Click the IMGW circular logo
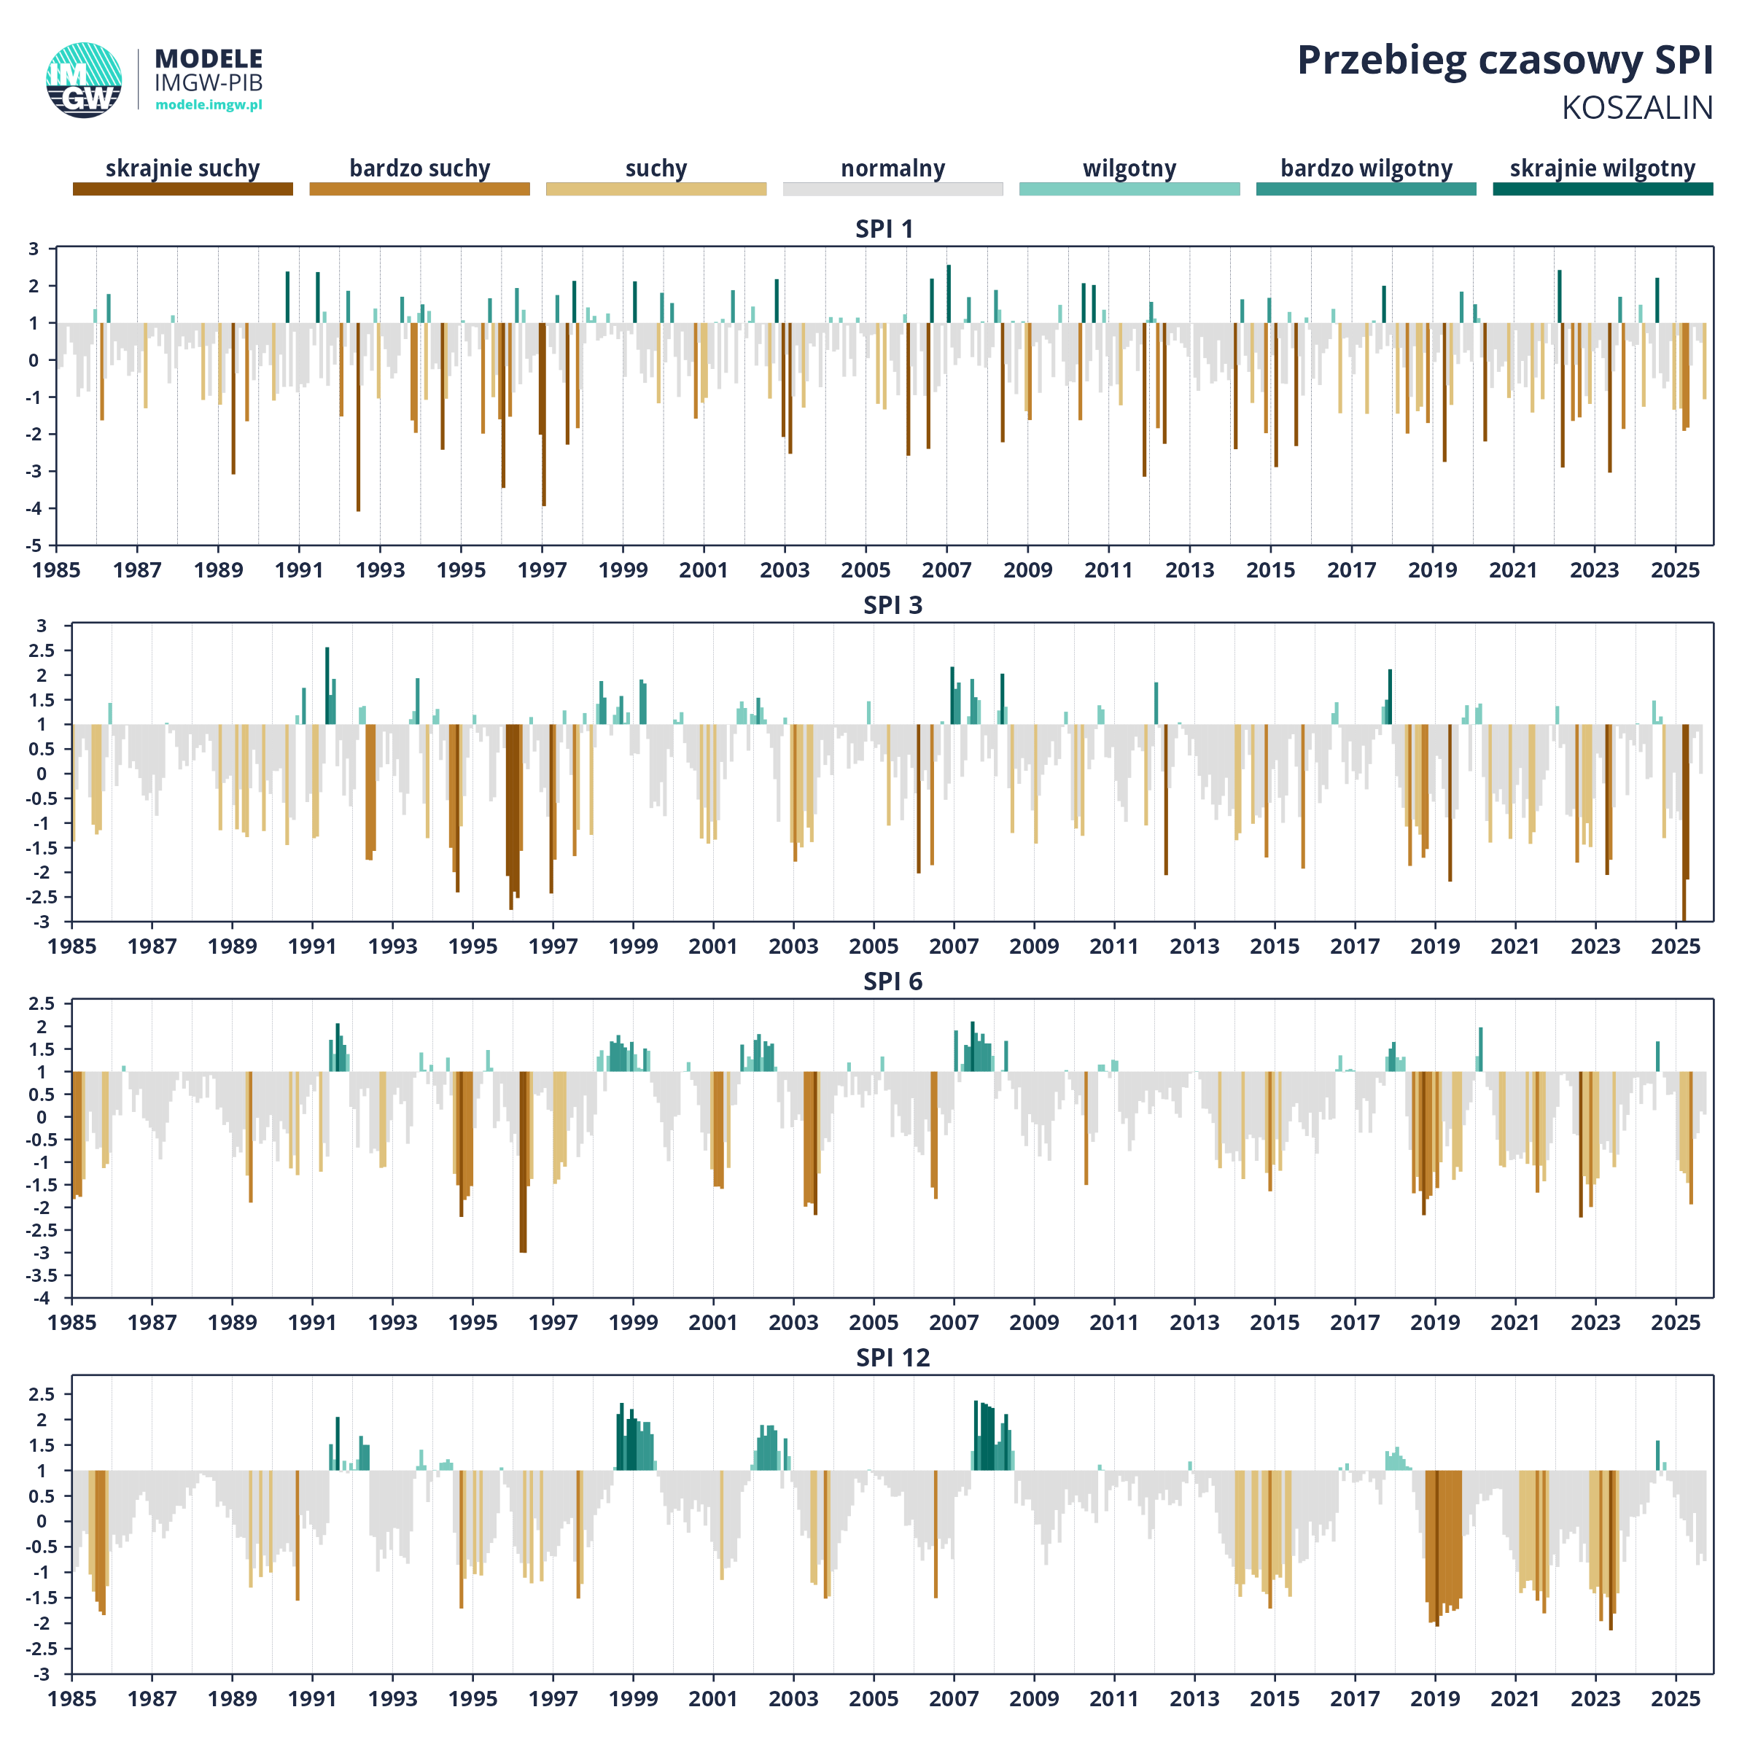point(83,79)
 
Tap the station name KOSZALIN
point(1637,108)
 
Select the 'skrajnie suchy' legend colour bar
point(183,188)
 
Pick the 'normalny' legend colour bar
point(892,188)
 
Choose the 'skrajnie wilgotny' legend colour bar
point(1603,188)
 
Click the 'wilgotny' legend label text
point(1129,168)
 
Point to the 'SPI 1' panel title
point(884,229)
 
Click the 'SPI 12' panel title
point(892,1358)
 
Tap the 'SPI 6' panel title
point(892,982)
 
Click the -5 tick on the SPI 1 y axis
point(34,545)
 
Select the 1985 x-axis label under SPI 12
point(71,1699)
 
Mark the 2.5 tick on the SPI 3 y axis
point(41,650)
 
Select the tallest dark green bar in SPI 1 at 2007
point(949,293)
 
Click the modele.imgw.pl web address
point(209,105)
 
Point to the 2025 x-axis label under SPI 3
point(1676,946)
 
